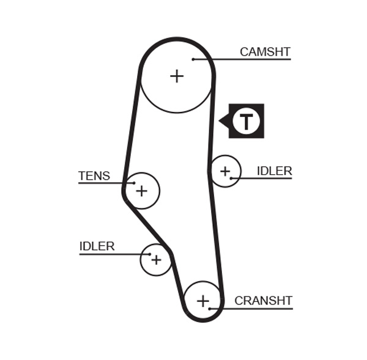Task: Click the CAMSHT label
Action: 264,52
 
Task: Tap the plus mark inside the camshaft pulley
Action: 177,76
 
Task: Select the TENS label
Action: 94,176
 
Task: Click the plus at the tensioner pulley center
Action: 141,191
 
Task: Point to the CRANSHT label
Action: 263,301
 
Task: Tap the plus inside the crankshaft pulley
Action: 202,301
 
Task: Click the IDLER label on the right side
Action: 274,171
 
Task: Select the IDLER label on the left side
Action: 97,246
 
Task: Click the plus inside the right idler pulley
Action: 225,171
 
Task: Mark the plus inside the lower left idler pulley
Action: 156,260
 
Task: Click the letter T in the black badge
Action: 246,122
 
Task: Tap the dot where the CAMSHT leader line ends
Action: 193,59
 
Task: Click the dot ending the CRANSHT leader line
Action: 210,309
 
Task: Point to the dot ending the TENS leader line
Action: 134,183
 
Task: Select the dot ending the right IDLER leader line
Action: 231,178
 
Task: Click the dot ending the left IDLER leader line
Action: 149,254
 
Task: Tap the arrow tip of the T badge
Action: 220,121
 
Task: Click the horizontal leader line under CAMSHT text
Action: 257,59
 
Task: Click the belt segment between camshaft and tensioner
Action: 132,122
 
